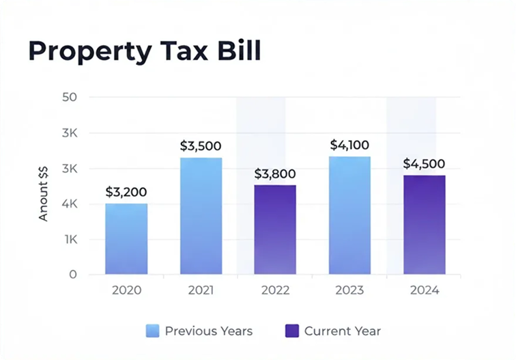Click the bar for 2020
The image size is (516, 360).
point(126,239)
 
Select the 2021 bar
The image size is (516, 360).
point(201,216)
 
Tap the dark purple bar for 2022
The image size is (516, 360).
point(275,230)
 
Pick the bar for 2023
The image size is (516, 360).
point(349,215)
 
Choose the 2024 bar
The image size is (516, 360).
point(424,225)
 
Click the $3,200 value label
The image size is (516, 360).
point(126,192)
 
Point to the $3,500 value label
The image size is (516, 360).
point(201,146)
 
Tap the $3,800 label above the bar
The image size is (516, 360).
point(275,174)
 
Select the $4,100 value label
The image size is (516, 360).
point(349,145)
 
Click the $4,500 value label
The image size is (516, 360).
point(424,164)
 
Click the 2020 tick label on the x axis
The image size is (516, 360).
point(126,290)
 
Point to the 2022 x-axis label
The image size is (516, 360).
point(275,290)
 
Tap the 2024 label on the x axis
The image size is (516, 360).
point(424,290)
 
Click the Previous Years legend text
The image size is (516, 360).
point(208,331)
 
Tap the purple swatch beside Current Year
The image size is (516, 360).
point(291,331)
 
